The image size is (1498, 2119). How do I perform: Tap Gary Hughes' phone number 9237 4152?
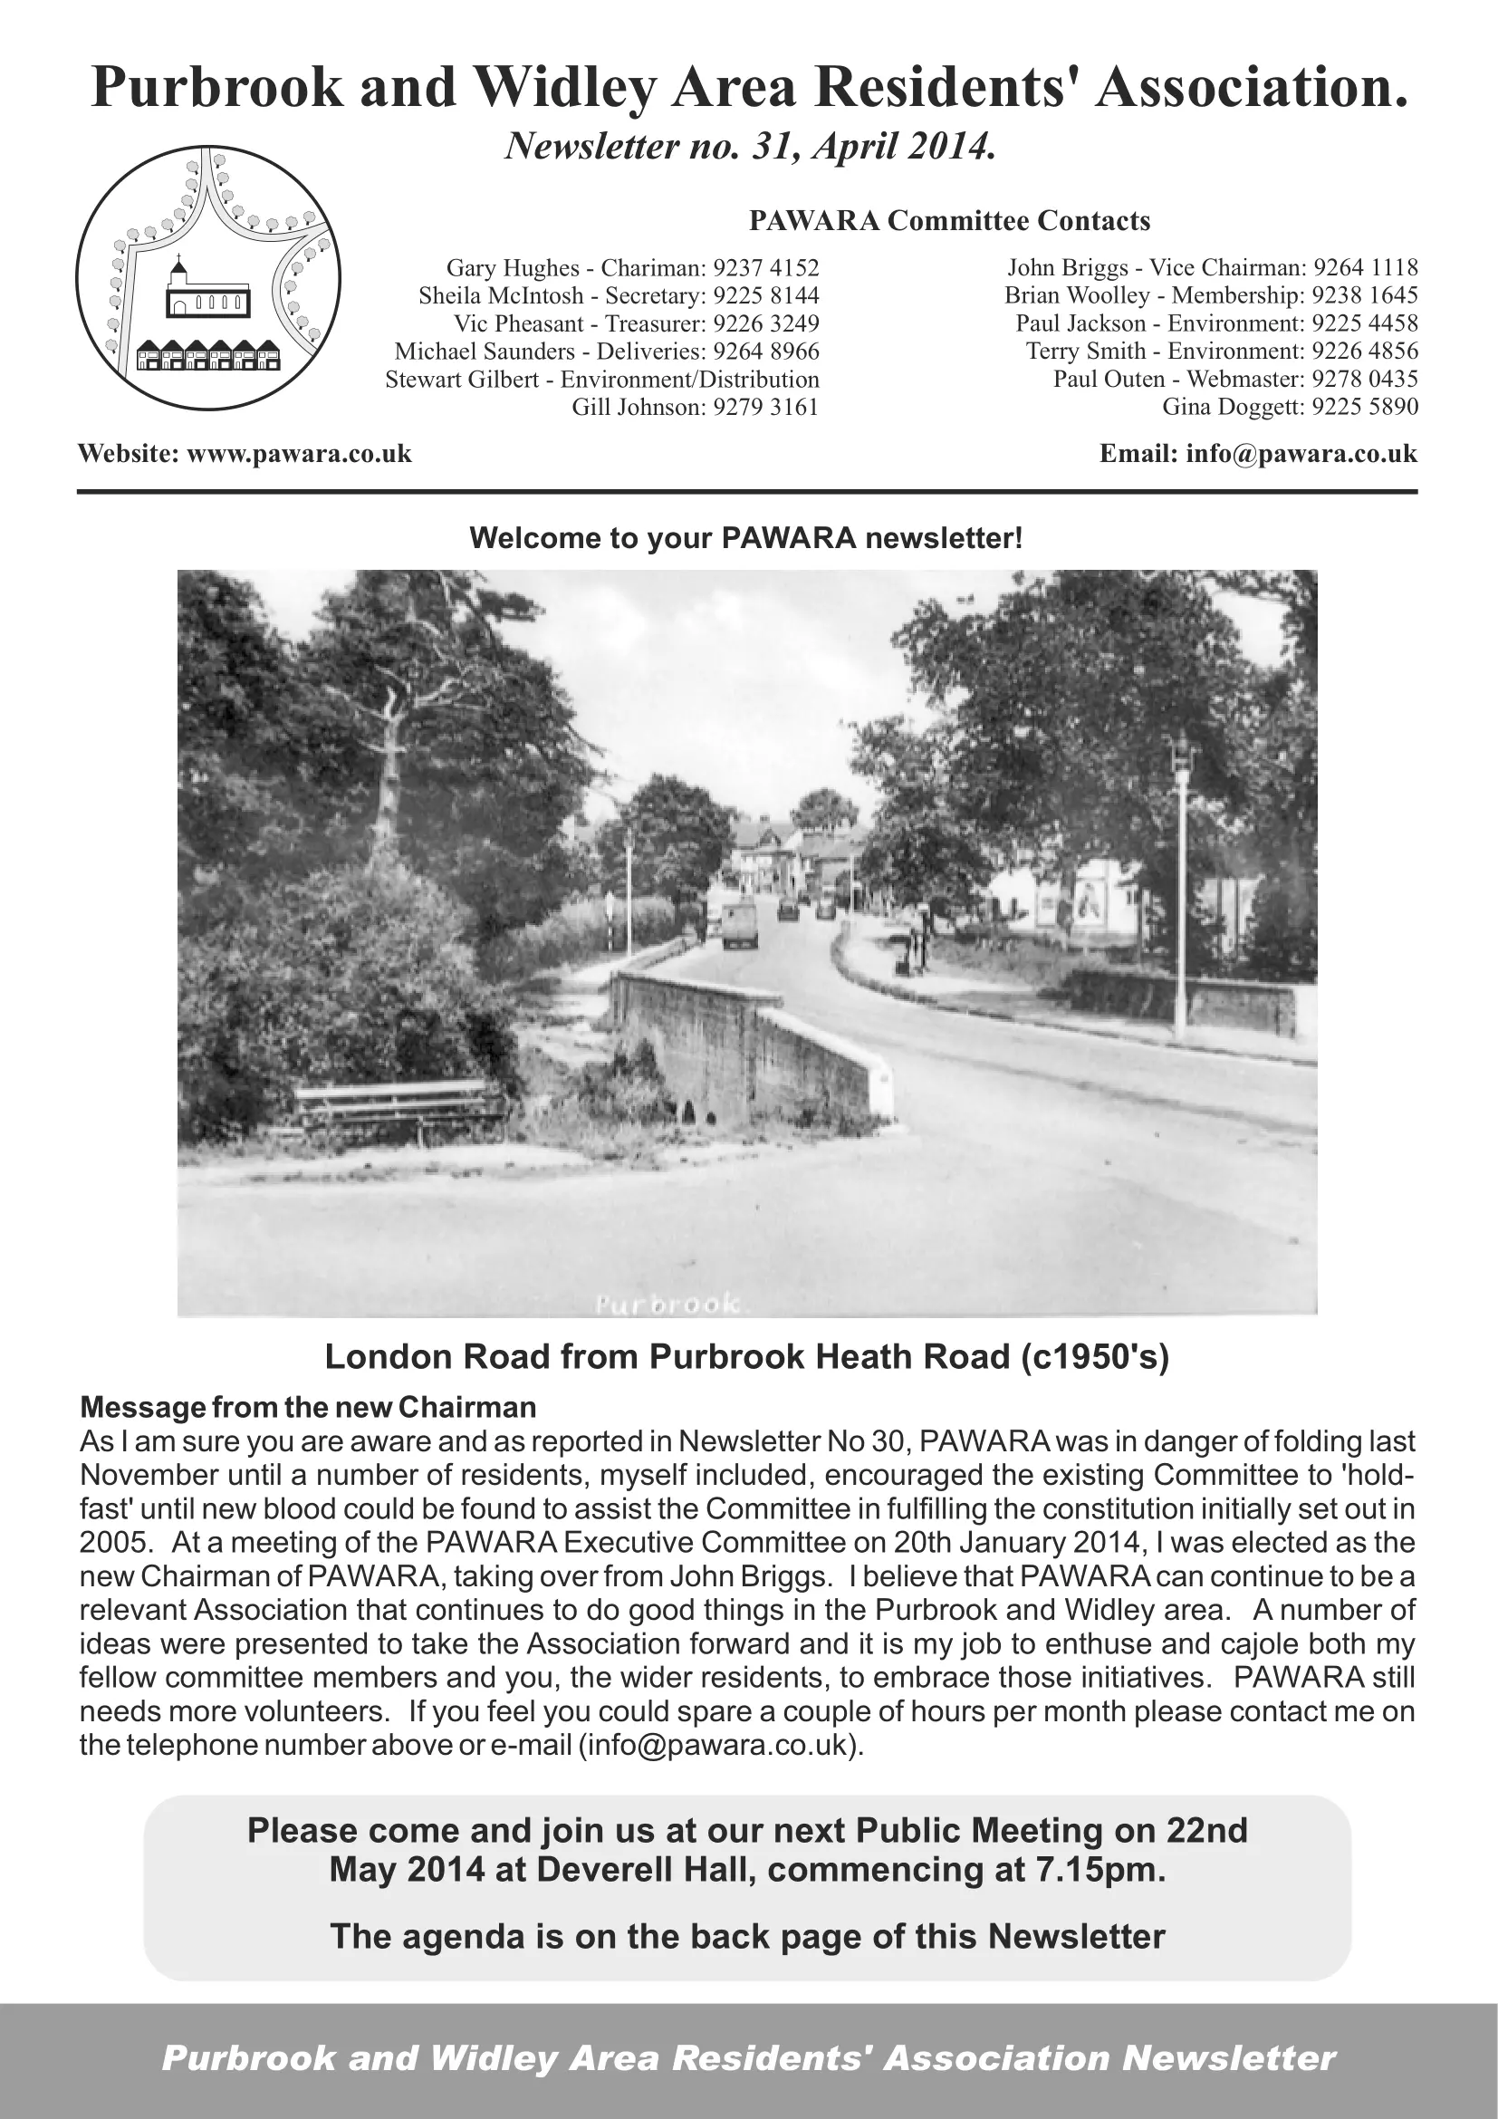tap(766, 268)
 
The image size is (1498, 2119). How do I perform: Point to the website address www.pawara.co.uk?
tap(299, 454)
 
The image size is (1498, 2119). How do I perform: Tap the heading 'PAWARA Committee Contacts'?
tap(949, 221)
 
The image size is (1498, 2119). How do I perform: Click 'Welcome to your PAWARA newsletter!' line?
tap(746, 538)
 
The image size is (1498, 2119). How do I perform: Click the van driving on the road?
tap(740, 924)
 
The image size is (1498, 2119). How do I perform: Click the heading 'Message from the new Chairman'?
tap(308, 1407)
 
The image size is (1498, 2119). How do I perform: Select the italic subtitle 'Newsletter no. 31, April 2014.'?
tap(750, 146)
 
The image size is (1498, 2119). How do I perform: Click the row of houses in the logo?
tap(208, 355)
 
